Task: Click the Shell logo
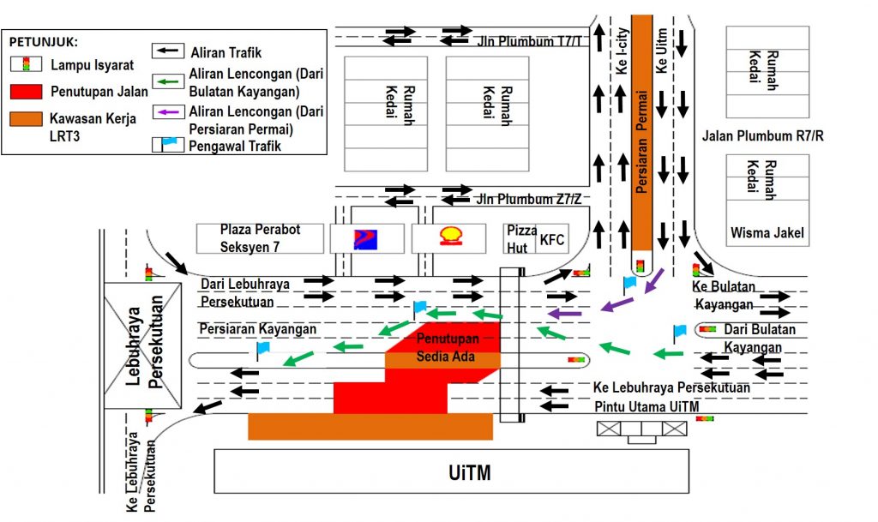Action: pyautogui.click(x=449, y=237)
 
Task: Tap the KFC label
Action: pyautogui.click(x=551, y=241)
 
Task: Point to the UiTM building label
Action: pyautogui.click(x=471, y=472)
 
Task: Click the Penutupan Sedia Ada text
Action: pyautogui.click(x=449, y=346)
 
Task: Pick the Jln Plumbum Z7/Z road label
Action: pyautogui.click(x=529, y=199)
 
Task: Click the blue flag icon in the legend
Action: pyautogui.click(x=168, y=145)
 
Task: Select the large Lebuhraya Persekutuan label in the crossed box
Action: pyautogui.click(x=143, y=344)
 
